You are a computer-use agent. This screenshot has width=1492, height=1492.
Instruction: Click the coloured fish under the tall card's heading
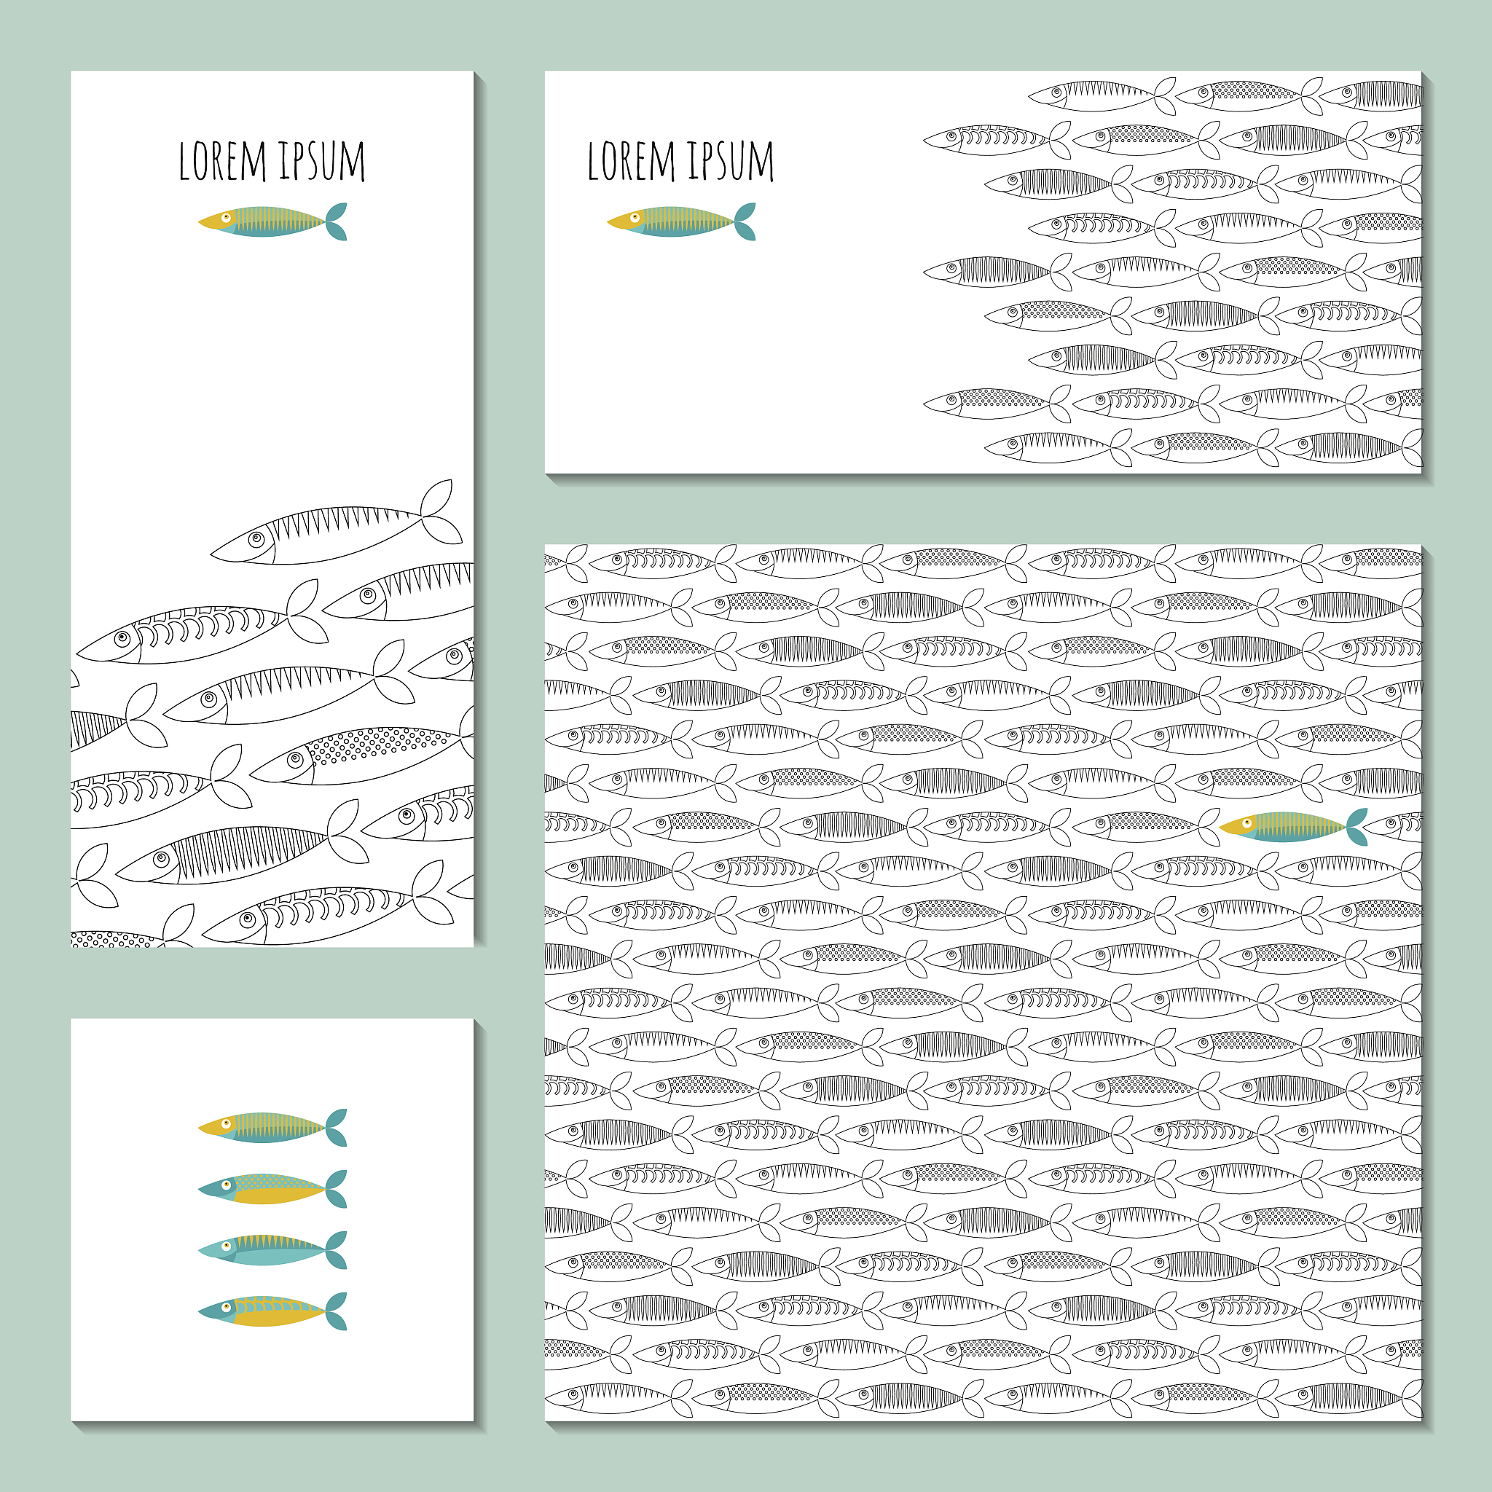click(x=272, y=221)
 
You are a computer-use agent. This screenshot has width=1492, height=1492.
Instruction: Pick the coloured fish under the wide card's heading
click(x=680, y=221)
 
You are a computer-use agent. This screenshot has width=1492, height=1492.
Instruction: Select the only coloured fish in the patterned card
click(x=1293, y=827)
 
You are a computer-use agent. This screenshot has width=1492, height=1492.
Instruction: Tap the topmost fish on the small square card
click(x=272, y=1128)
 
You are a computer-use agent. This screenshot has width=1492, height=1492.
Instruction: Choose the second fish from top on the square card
click(x=272, y=1188)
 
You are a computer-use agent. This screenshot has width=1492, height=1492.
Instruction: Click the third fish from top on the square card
click(x=272, y=1249)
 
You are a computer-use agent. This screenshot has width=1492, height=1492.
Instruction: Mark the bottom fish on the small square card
click(x=272, y=1311)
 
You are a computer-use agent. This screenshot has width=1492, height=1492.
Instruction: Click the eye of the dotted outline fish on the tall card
click(x=294, y=759)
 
